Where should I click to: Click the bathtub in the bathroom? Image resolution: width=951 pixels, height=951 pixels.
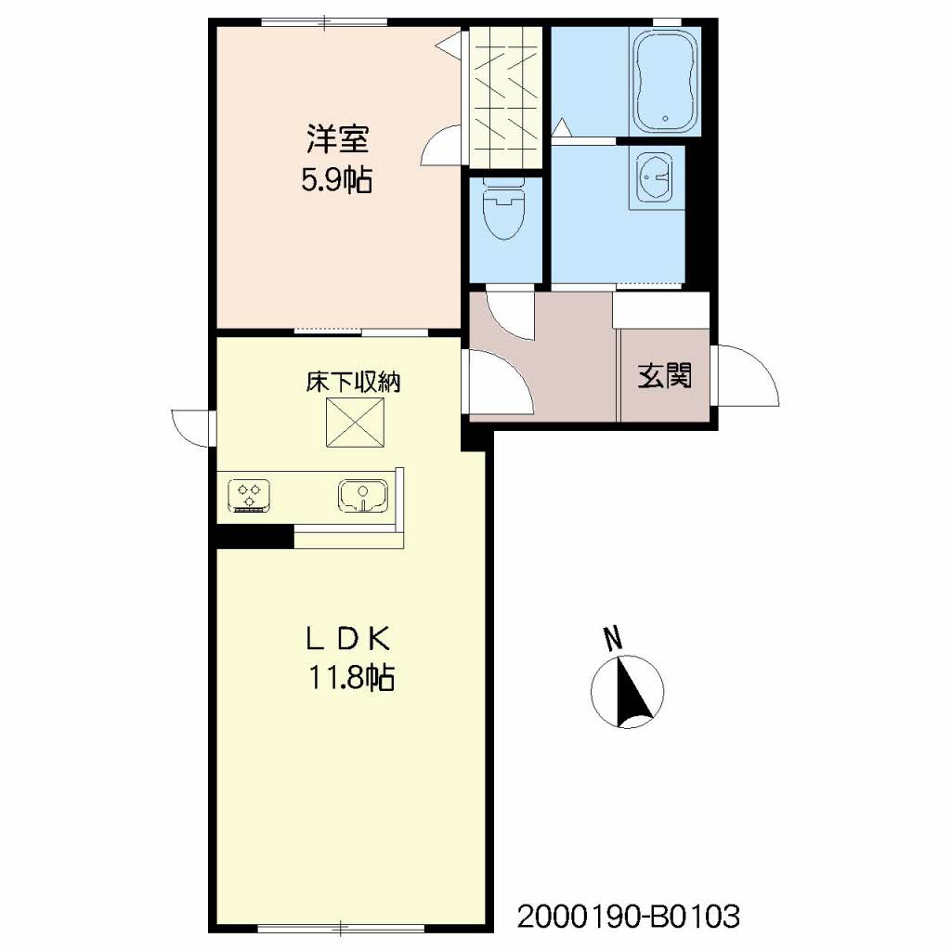click(x=665, y=81)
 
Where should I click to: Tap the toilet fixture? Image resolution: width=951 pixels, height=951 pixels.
click(x=504, y=208)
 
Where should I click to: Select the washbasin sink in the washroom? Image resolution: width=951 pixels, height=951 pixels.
click(x=654, y=177)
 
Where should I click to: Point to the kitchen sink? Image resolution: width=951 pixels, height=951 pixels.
click(x=363, y=496)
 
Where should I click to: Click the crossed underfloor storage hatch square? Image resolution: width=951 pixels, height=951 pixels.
click(x=356, y=423)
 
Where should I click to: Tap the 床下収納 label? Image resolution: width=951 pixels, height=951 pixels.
click(x=353, y=382)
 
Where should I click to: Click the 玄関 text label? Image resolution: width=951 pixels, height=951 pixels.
click(x=665, y=375)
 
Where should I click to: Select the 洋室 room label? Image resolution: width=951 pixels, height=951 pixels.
click(x=337, y=139)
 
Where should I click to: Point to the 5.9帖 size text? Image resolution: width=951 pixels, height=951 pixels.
click(x=337, y=179)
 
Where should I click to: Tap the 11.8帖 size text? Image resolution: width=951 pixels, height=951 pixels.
click(x=352, y=677)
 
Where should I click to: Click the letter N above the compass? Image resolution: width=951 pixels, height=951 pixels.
click(x=613, y=638)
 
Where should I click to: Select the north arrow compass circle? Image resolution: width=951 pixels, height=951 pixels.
click(x=627, y=691)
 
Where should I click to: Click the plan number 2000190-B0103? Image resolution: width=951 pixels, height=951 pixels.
click(x=629, y=917)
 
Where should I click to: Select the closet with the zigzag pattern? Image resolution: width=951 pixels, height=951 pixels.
click(x=506, y=98)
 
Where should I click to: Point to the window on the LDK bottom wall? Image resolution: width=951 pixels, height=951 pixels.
click(x=340, y=929)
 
